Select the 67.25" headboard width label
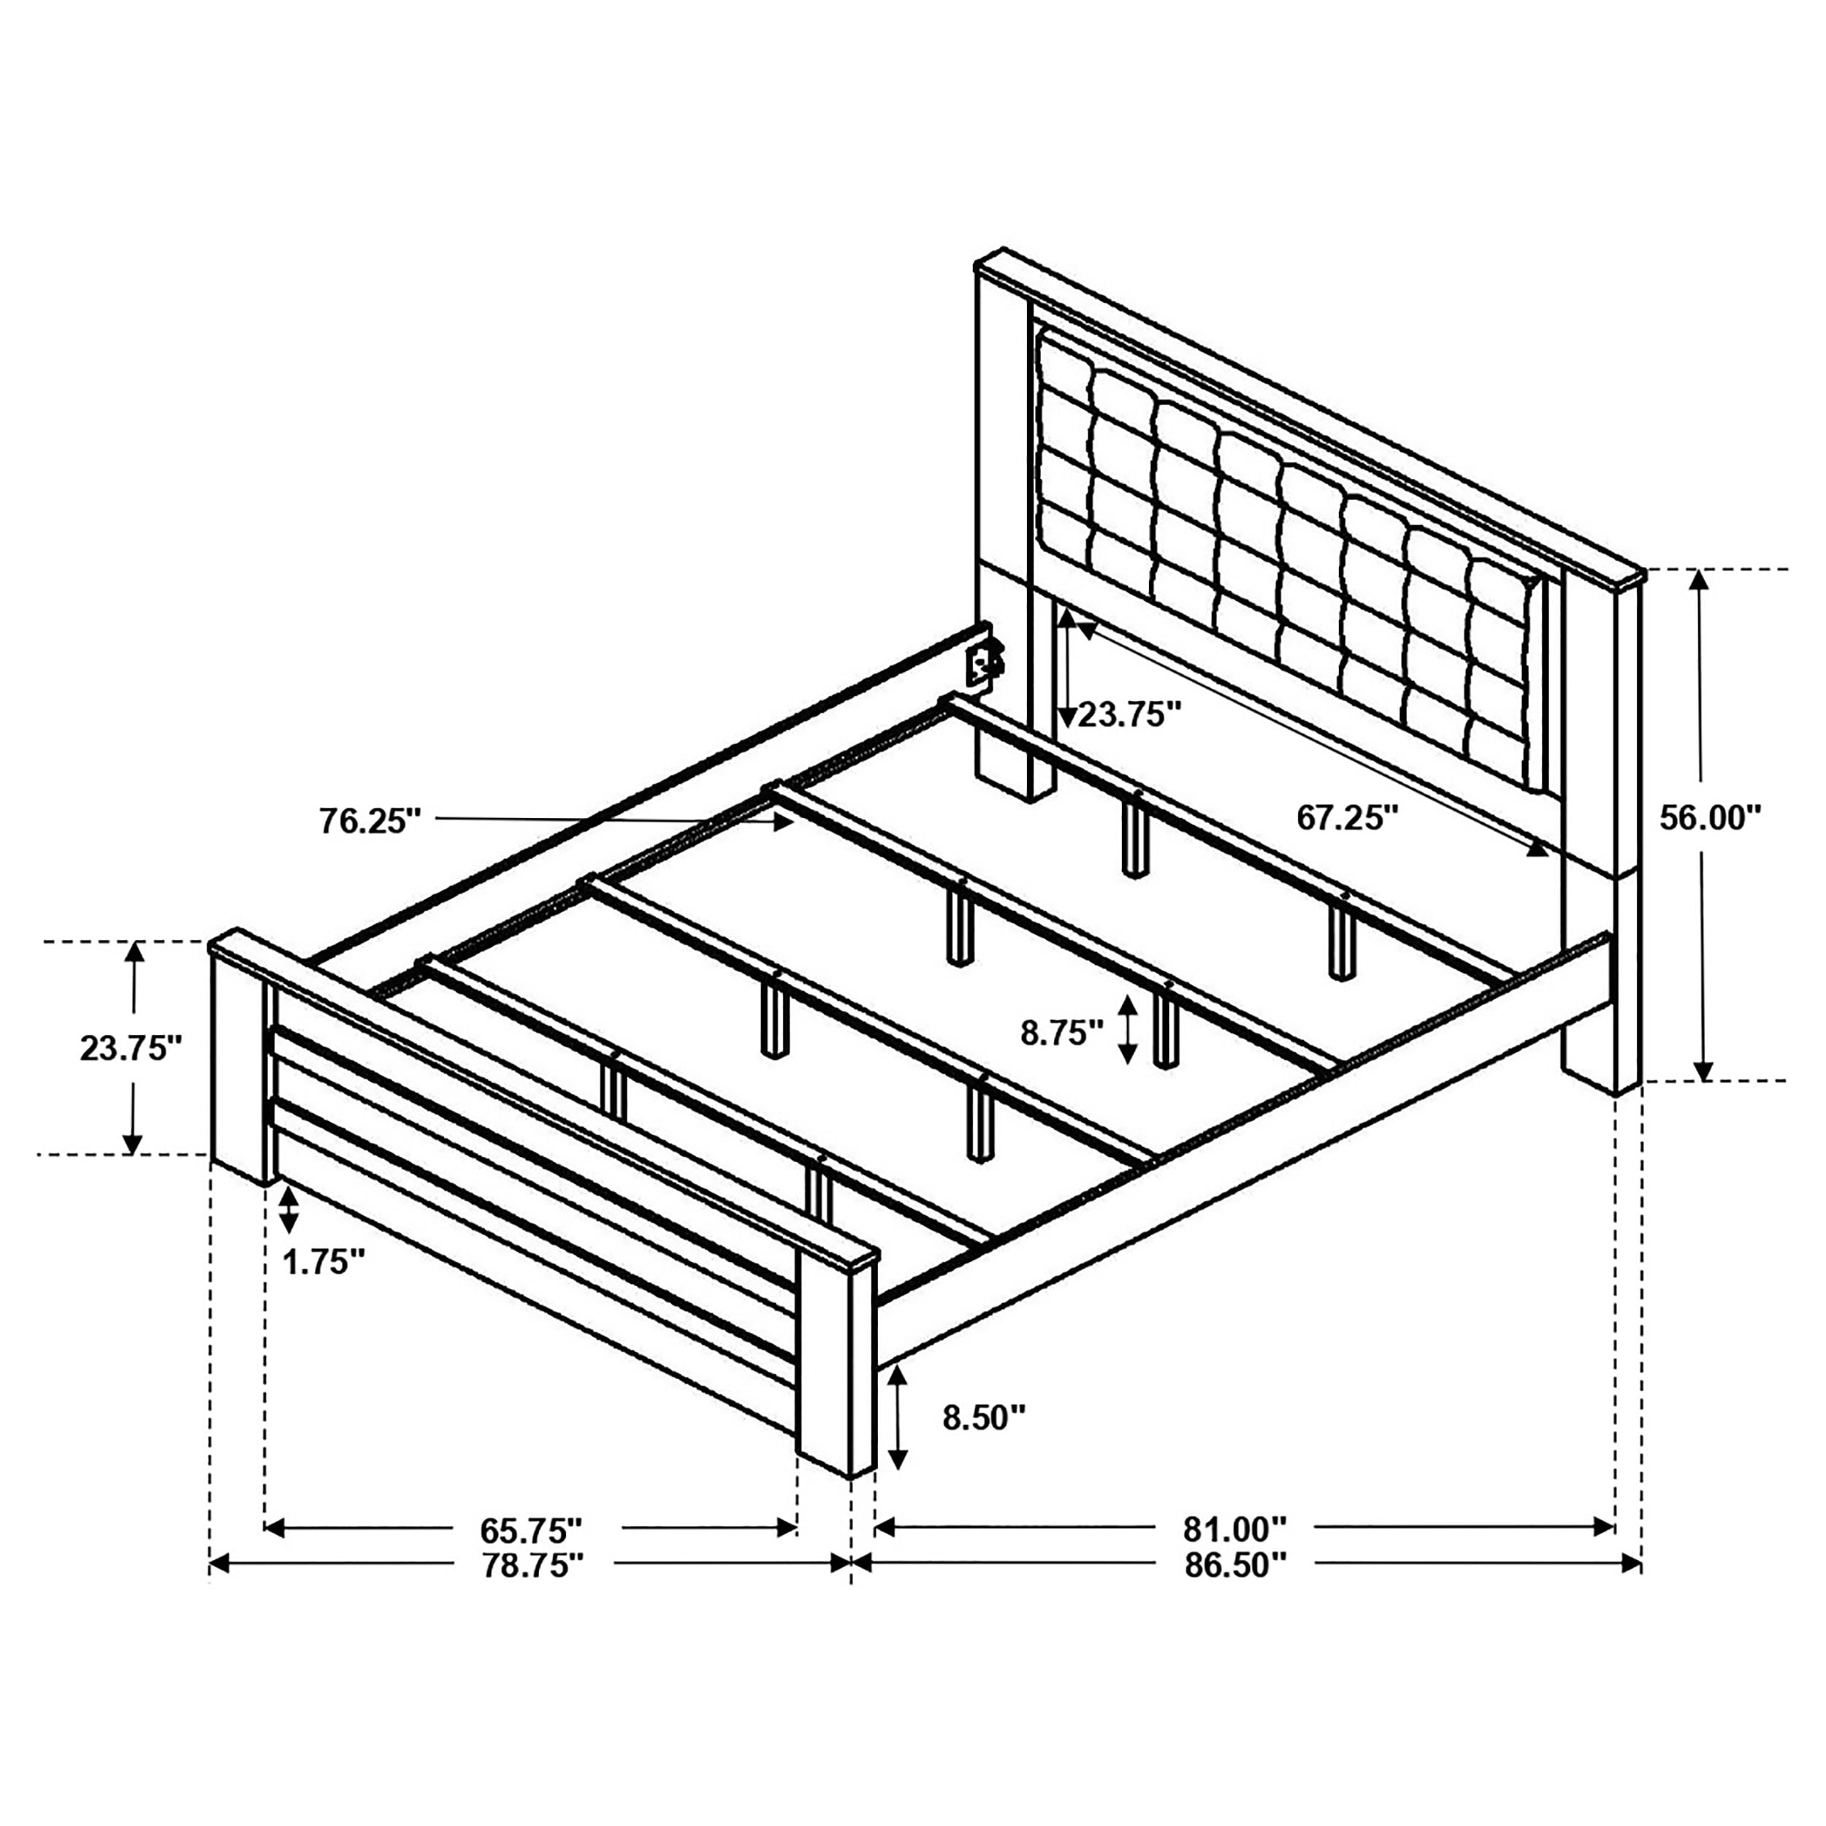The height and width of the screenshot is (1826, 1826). coord(1347,817)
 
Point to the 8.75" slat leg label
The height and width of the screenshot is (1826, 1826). coord(1061,1033)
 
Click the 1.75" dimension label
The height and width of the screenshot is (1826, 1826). coord(324,1261)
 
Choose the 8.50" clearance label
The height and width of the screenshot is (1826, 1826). coord(984,1443)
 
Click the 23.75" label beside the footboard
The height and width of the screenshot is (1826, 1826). coord(131,1048)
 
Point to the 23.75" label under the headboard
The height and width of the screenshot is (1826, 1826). coord(1131,714)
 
